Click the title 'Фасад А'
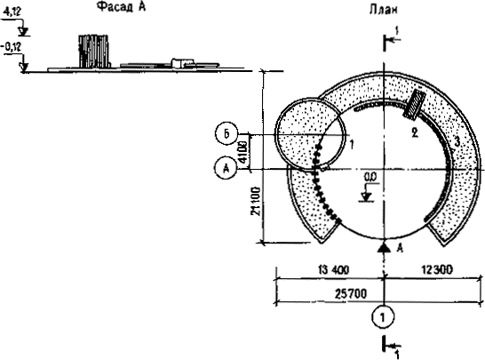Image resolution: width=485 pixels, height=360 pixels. click(121, 6)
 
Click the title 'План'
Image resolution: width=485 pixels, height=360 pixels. click(383, 10)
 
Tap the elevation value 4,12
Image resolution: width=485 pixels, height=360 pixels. click(12, 12)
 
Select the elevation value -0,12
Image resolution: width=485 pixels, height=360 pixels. click(12, 47)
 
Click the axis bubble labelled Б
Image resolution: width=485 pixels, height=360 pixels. click(227, 134)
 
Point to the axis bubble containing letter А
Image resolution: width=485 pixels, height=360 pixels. click(227, 169)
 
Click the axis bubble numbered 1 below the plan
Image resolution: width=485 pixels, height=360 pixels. click(384, 317)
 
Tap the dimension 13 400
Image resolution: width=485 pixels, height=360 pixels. click(333, 270)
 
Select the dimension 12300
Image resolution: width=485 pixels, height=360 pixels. click(437, 270)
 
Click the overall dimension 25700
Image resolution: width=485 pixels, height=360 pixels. click(351, 293)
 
